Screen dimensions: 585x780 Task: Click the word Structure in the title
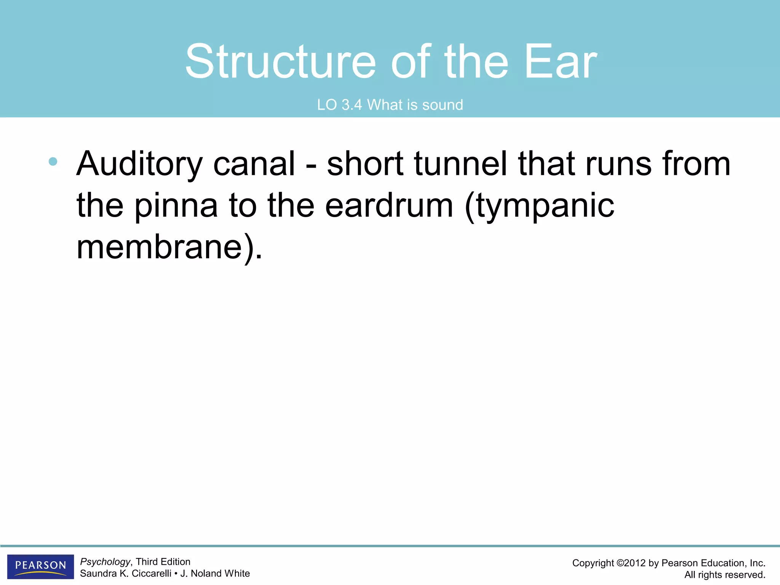(x=281, y=62)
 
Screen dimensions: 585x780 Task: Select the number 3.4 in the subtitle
(x=351, y=105)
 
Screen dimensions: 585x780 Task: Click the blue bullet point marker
(x=53, y=161)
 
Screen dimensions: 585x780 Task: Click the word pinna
(x=176, y=206)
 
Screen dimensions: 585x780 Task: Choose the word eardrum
(x=389, y=206)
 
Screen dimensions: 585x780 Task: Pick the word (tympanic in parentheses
(x=539, y=206)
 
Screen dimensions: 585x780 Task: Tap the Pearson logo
(x=40, y=566)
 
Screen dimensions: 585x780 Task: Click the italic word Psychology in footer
(x=105, y=562)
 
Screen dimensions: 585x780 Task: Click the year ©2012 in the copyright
(x=630, y=563)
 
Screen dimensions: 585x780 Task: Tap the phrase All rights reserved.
(x=724, y=575)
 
